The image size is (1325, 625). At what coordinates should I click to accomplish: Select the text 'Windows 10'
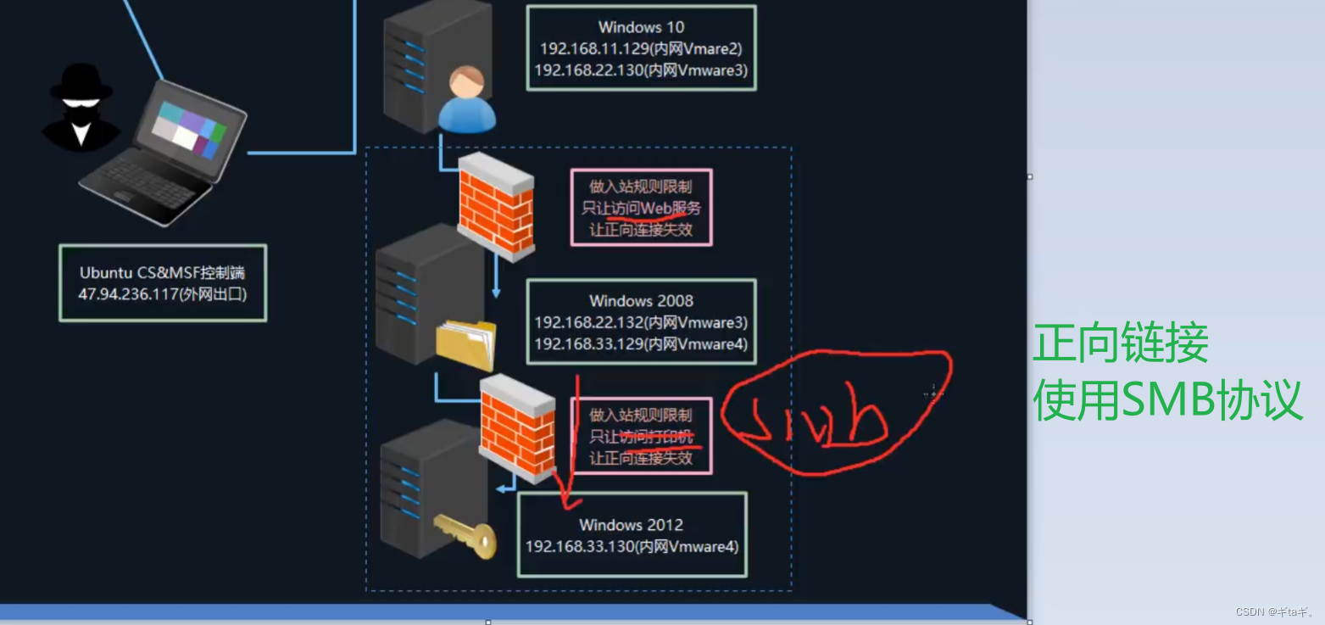coord(641,28)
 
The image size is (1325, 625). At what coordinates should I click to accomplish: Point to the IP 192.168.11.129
coord(590,49)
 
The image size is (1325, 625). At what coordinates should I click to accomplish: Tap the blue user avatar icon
coord(466,102)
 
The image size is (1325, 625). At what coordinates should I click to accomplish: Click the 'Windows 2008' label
coord(641,301)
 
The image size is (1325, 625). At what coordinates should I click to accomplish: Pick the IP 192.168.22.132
coord(587,323)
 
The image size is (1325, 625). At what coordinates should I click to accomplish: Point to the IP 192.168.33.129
coord(587,343)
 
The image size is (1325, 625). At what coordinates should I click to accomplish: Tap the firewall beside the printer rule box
coord(518,428)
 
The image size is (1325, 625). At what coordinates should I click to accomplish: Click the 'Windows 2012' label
coord(631,525)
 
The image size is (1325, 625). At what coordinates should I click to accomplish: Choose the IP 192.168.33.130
coord(580,546)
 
